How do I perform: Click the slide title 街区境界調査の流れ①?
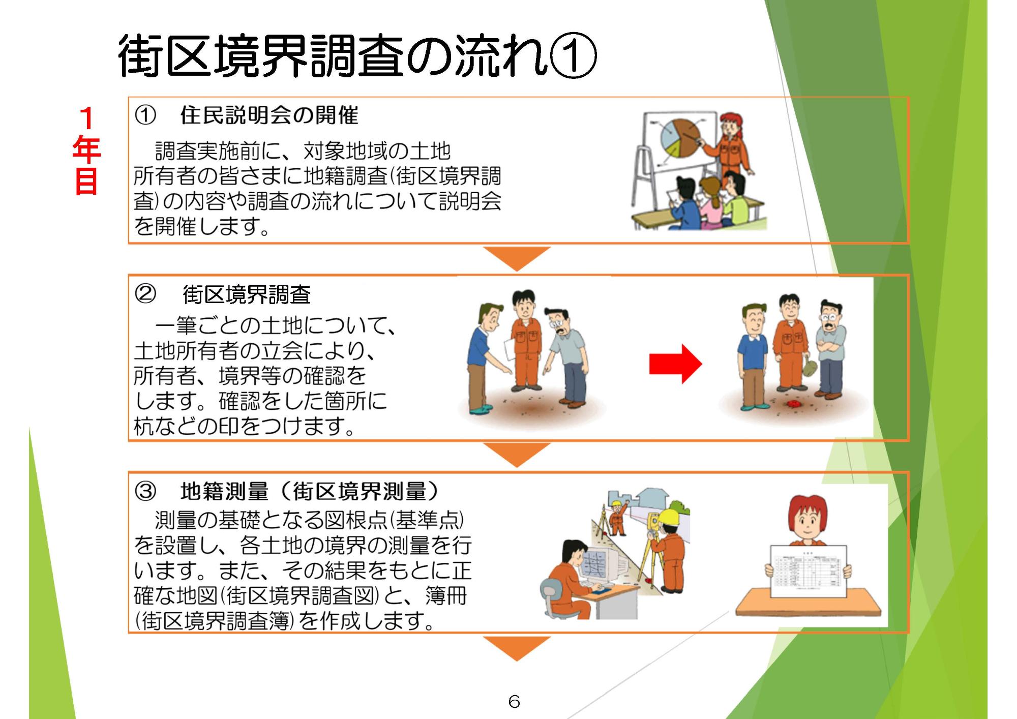point(356,56)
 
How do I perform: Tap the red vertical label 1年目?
point(86,151)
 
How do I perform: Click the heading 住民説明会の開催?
point(269,116)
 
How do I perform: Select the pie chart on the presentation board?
point(679,139)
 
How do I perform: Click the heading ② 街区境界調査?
point(247,294)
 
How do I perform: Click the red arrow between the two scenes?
point(675,364)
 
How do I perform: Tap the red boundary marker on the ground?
point(792,405)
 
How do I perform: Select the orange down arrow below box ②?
point(517,454)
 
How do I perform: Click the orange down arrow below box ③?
point(517,647)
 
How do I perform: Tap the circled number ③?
point(145,491)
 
